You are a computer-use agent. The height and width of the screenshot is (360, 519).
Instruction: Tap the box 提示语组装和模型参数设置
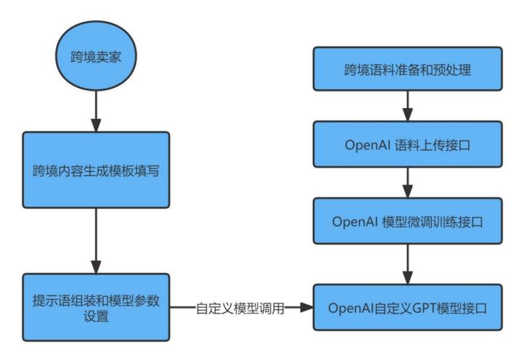click(x=95, y=307)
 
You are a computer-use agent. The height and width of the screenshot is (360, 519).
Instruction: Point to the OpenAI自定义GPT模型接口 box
click(x=407, y=307)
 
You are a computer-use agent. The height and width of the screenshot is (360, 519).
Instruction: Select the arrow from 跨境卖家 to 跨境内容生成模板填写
click(x=96, y=115)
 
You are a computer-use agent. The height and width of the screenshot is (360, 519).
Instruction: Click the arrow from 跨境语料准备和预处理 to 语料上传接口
click(x=407, y=107)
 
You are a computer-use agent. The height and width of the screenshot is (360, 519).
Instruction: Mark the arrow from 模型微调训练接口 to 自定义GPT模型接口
click(x=407, y=263)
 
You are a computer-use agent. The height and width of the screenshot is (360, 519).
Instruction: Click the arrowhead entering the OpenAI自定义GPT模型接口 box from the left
click(x=306, y=308)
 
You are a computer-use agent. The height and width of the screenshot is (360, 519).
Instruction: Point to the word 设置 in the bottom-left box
click(x=95, y=316)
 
